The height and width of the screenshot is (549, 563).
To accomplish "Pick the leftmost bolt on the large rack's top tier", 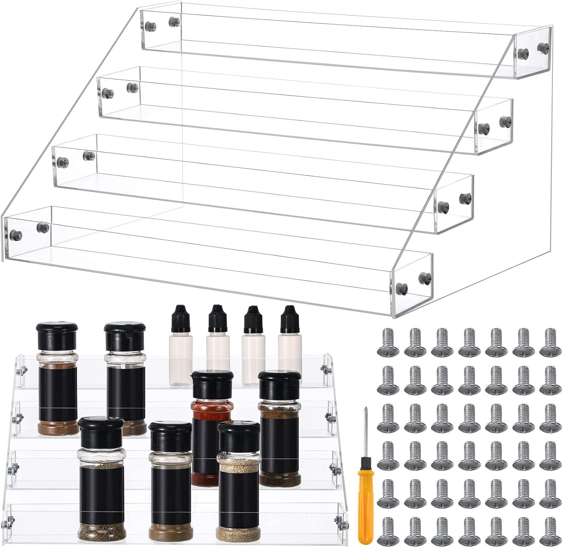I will (150, 26).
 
